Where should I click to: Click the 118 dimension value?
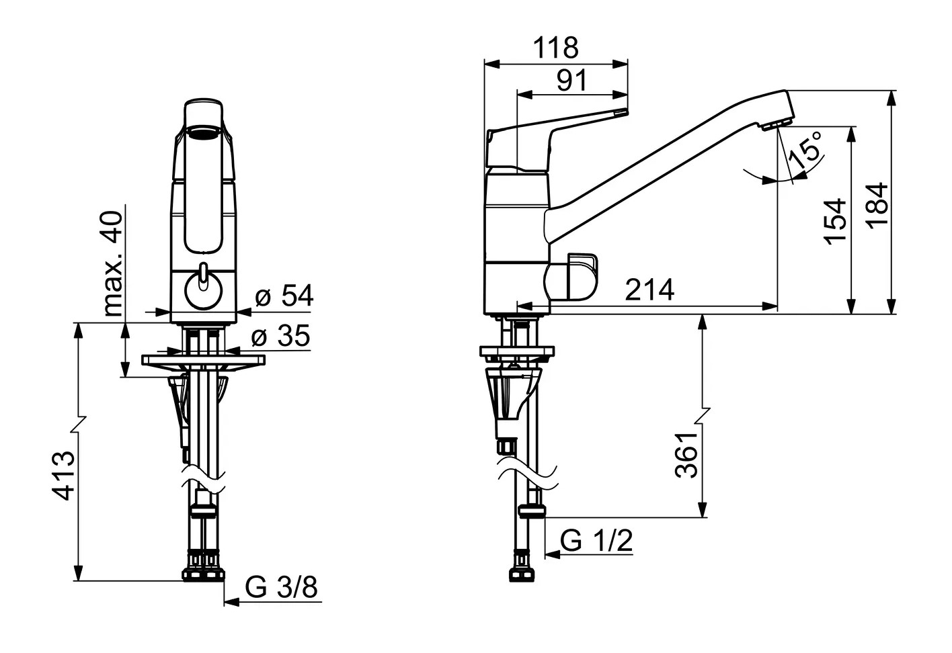(x=556, y=48)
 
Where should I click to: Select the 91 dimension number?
(x=572, y=80)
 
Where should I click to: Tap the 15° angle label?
(x=805, y=150)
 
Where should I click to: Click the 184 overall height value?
(x=877, y=206)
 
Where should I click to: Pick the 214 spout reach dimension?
(x=649, y=290)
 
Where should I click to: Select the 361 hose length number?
(x=686, y=455)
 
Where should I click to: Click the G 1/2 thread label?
(x=596, y=541)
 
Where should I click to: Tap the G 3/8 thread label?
(x=281, y=587)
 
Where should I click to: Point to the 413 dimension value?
(x=63, y=476)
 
